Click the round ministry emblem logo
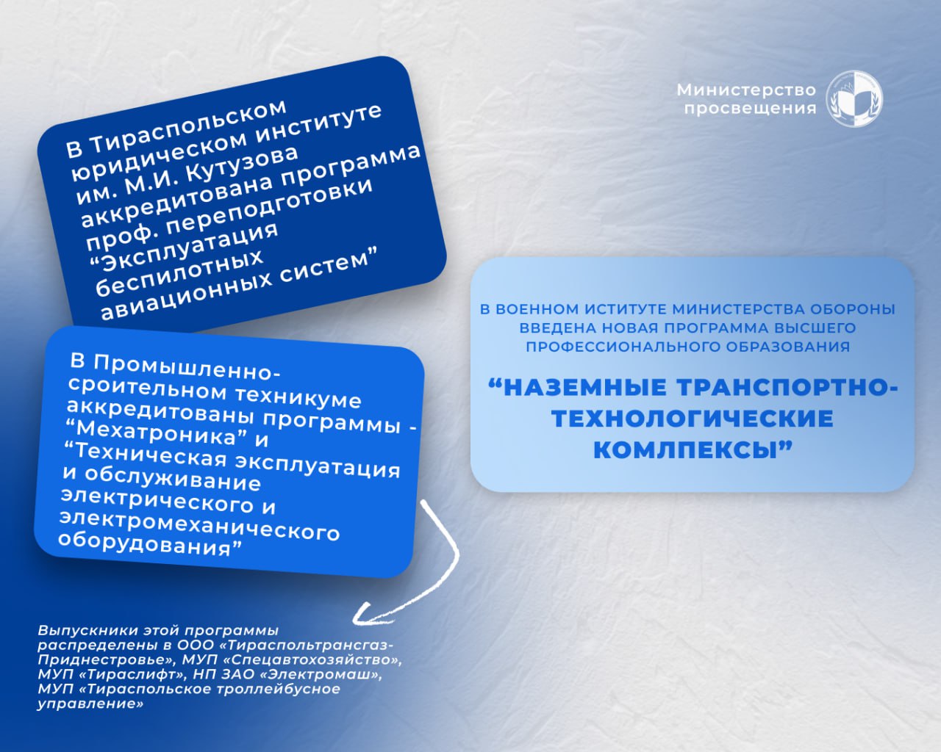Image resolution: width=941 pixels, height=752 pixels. click(854, 98)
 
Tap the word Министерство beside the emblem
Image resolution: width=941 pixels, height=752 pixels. click(746, 90)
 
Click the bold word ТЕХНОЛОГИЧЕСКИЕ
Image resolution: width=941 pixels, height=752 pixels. click(693, 419)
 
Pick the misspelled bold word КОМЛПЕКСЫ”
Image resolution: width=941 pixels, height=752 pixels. click(693, 449)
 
